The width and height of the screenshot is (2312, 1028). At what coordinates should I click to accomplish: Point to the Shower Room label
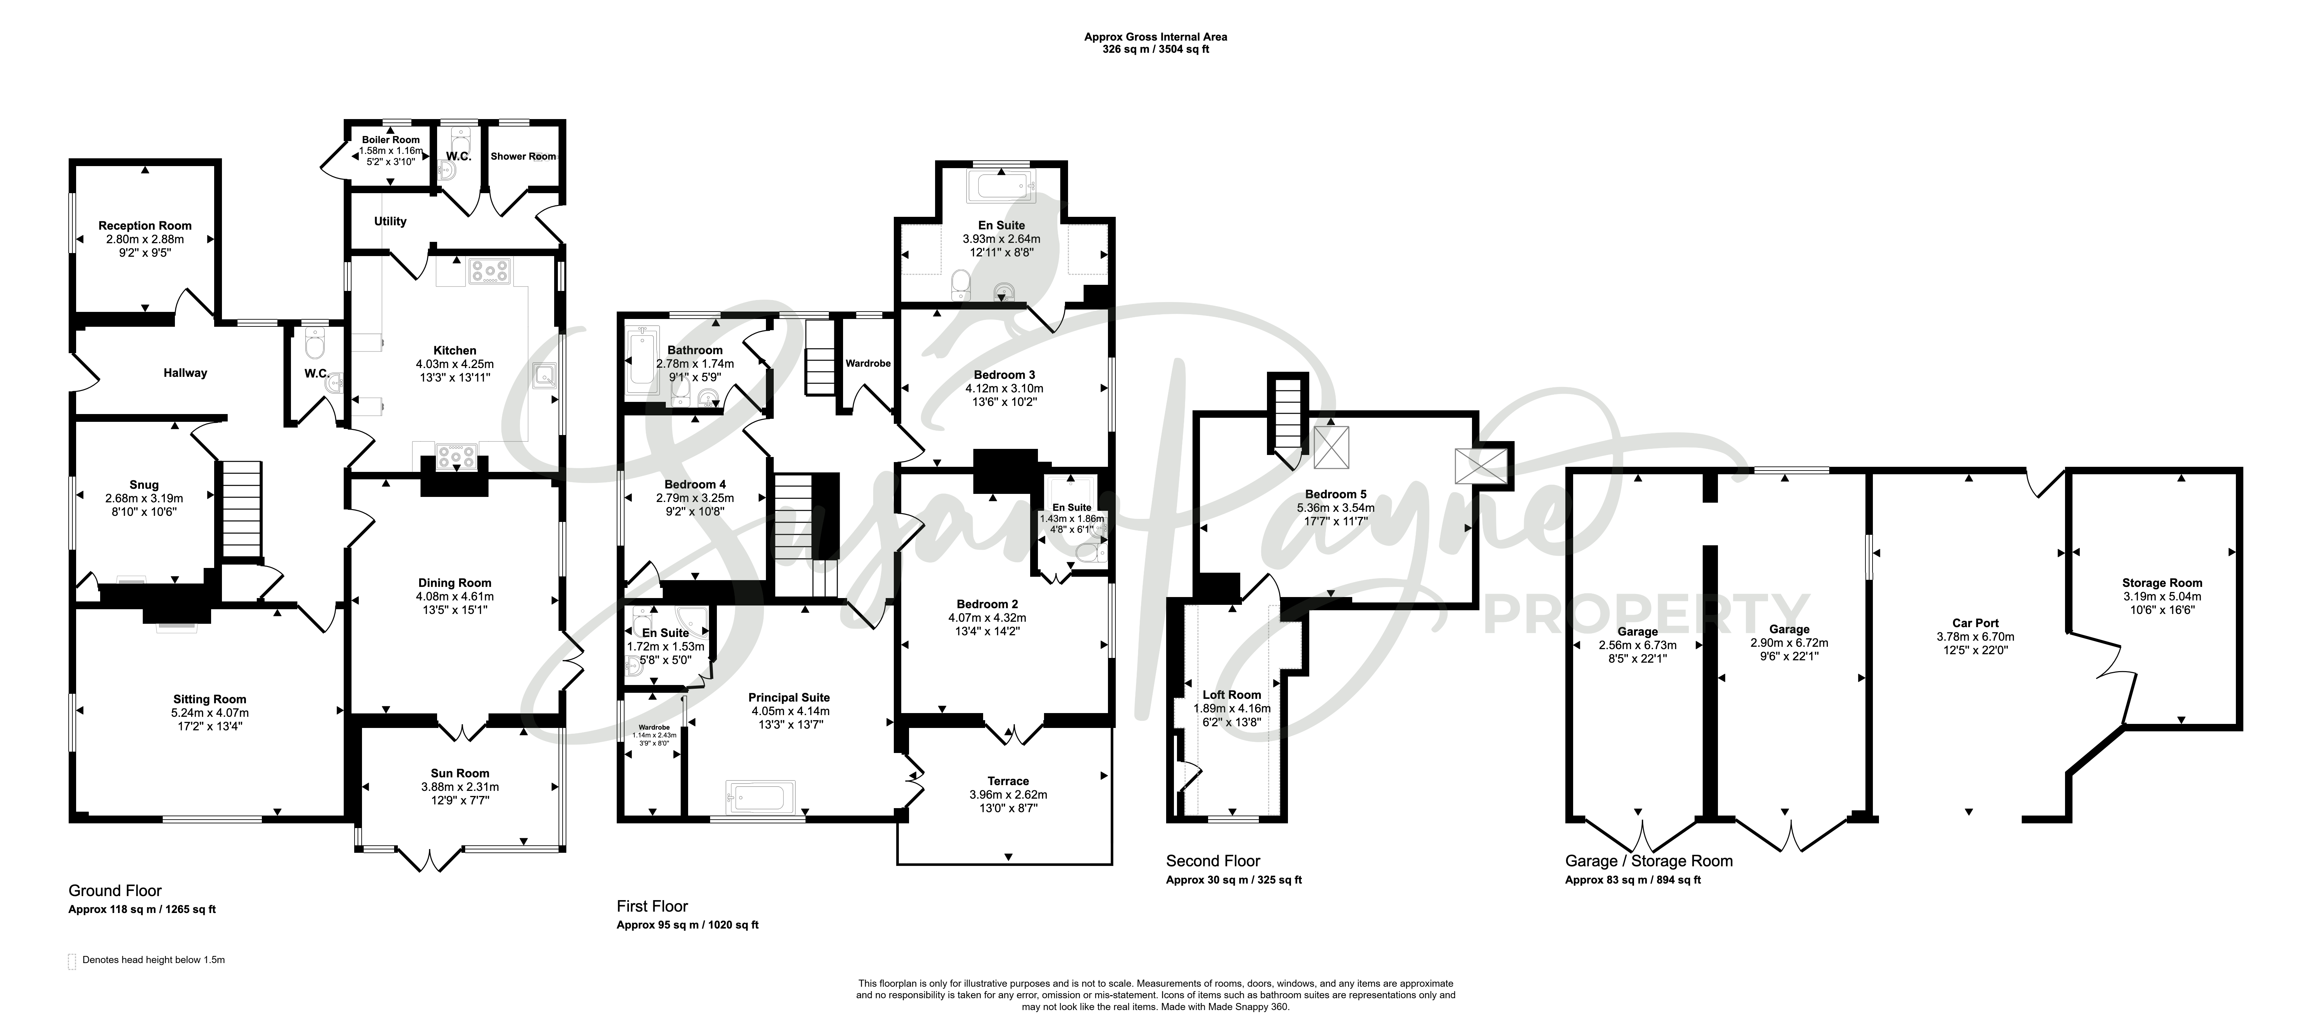(x=523, y=156)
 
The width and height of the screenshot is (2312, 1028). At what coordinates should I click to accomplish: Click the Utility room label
(x=390, y=222)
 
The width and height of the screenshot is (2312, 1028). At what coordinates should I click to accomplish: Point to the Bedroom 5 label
(x=1336, y=494)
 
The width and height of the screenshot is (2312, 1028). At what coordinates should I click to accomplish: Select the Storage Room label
(x=2162, y=583)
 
